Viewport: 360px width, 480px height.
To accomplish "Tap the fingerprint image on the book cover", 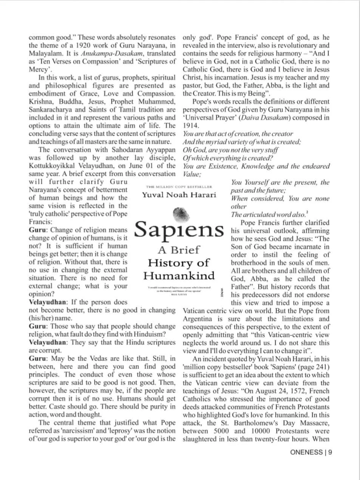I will pyautogui.click(x=180, y=214).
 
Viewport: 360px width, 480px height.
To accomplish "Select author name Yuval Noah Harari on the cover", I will pyautogui.click(x=179, y=195).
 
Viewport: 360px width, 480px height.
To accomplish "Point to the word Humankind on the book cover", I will pyautogui.click(x=179, y=276).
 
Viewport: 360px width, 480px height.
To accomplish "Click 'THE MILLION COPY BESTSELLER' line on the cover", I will pyautogui.click(x=179, y=187).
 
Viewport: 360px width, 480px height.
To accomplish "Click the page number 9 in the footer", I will pyautogui.click(x=330, y=452).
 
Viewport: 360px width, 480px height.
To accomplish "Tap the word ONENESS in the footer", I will pyautogui.click(x=306, y=452).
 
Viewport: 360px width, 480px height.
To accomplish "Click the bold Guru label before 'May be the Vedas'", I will pyautogui.click(x=38, y=358).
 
